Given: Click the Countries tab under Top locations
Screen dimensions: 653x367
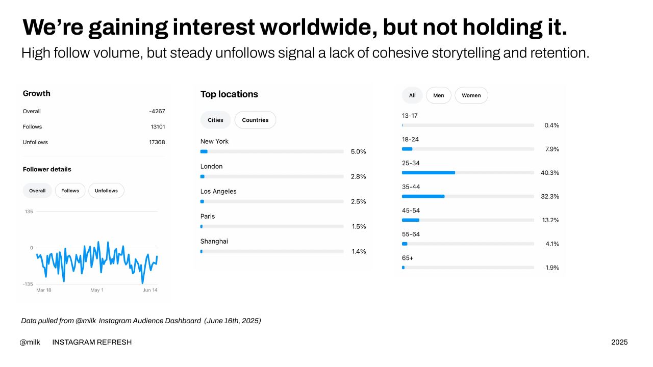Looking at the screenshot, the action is [255, 120].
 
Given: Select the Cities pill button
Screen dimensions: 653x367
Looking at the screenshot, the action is [215, 120].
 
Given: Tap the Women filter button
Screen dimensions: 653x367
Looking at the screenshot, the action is [471, 95].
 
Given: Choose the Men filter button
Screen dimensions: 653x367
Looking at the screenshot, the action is [438, 95].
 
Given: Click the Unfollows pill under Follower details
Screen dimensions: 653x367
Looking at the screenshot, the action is [106, 191].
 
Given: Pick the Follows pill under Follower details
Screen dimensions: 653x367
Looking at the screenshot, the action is [70, 191].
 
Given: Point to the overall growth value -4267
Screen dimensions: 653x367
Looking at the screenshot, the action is [157, 111].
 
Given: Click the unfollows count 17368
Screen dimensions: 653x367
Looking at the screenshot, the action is [157, 142].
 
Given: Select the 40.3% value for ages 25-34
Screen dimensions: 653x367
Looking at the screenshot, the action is [550, 173].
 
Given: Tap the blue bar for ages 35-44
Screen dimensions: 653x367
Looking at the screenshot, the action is [423, 197].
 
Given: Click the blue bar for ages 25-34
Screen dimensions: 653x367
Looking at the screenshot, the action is [429, 173].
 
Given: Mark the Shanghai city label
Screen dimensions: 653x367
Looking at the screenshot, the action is [214, 242].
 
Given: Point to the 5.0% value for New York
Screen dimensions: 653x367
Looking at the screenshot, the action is [358, 151].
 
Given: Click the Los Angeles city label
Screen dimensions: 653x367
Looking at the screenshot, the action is [218, 191].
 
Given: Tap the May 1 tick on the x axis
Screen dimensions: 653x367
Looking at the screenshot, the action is [97, 290].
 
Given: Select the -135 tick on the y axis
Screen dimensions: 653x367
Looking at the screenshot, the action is [28, 284].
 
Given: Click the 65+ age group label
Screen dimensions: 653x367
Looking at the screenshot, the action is [408, 258].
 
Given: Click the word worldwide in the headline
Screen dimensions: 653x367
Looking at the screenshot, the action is [319, 27].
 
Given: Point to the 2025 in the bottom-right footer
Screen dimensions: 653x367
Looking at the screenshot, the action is [619, 342].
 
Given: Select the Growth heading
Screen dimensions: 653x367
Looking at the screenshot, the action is [36, 93].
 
